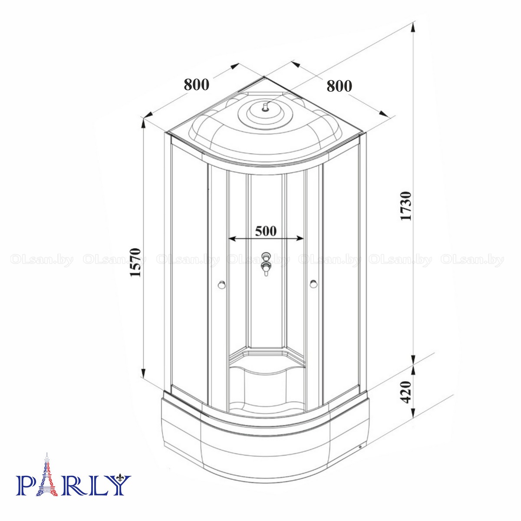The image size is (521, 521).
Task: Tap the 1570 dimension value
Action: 135,262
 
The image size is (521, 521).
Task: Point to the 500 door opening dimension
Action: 265,231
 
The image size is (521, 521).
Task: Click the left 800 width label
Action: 197,84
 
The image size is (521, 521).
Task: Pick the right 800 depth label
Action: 339,86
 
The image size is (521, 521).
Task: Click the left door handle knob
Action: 221,285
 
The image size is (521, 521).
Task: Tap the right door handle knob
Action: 313,284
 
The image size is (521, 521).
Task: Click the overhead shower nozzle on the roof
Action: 265,107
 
